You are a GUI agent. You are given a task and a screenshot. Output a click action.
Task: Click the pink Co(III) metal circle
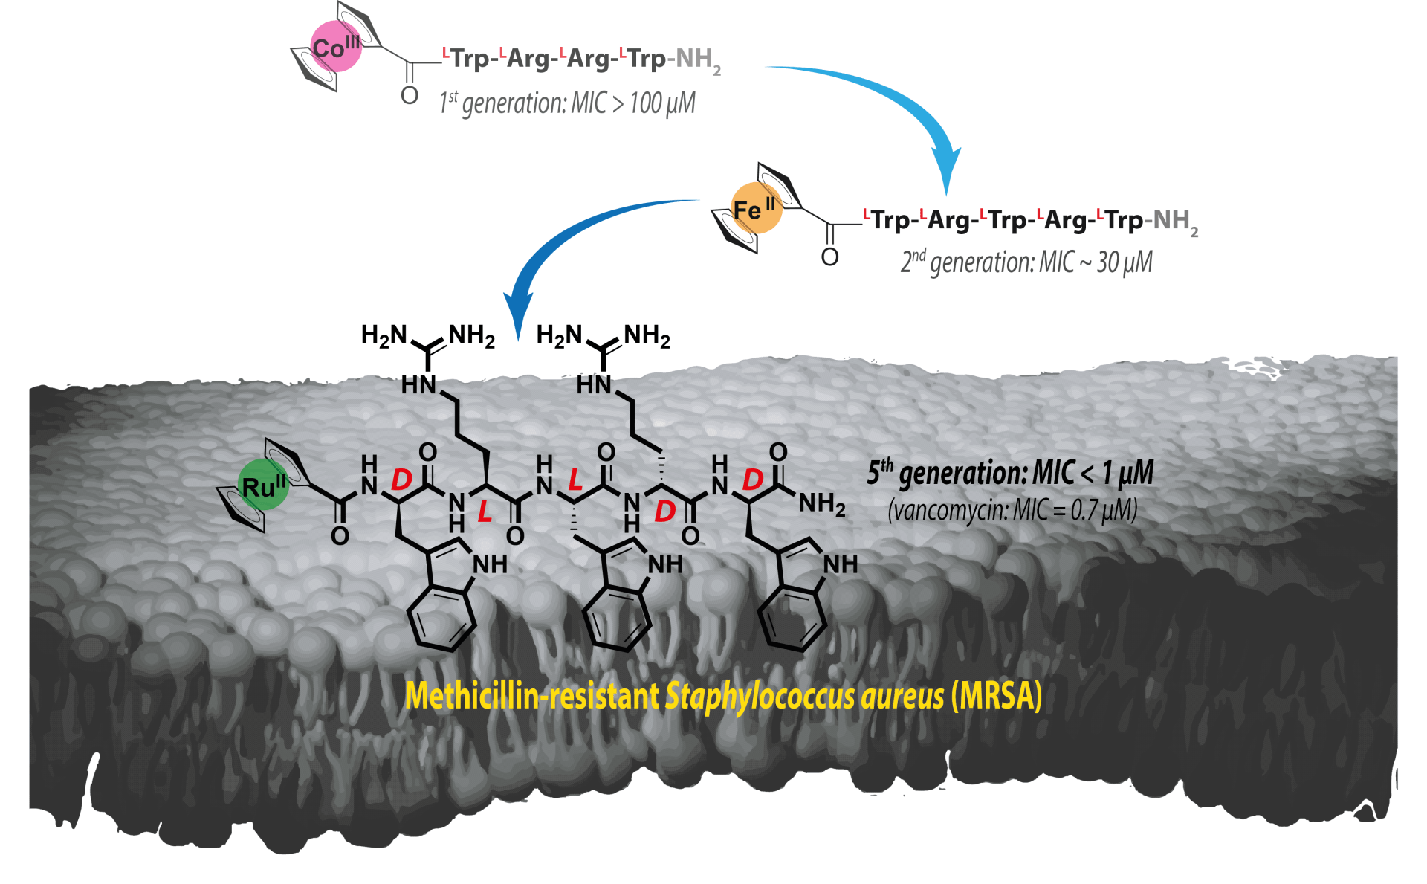pos(336,46)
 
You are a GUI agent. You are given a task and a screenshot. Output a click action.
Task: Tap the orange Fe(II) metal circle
pos(757,207)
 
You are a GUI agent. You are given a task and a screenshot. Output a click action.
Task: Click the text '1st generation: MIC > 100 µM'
pos(567,103)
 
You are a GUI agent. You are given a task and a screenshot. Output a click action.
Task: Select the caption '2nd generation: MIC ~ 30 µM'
pos(1026,262)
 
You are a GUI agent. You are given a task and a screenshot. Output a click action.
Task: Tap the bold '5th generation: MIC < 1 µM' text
pos(1010,474)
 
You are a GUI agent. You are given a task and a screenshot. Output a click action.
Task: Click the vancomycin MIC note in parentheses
pos(1012,511)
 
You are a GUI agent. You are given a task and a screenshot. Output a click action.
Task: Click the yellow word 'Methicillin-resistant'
pos(532,696)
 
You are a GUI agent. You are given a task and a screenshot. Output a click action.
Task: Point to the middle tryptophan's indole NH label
pos(665,565)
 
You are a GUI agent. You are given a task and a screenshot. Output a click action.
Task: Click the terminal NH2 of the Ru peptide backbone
pos(822,505)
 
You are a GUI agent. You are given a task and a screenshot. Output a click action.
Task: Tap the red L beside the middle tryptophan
pos(575,480)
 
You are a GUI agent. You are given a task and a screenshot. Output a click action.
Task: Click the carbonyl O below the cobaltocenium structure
pos(410,96)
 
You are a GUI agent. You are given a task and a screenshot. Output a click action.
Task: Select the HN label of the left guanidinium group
pos(418,384)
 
